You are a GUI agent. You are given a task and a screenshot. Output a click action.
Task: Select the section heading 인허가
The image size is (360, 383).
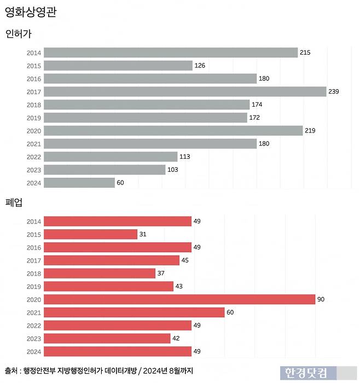19,34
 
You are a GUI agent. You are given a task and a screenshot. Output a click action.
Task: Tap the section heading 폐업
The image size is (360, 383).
14,202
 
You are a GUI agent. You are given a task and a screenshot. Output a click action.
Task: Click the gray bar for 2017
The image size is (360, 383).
185,91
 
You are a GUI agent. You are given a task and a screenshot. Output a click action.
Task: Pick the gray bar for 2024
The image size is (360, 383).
79,183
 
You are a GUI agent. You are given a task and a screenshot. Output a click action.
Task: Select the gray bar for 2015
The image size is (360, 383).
118,66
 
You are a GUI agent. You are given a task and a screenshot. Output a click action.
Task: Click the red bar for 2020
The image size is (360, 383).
179,299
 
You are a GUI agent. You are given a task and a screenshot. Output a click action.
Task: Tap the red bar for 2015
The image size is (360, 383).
90,234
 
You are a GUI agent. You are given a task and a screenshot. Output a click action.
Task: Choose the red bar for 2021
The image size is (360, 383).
134,312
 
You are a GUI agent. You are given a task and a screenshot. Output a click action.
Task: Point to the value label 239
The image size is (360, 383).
334,91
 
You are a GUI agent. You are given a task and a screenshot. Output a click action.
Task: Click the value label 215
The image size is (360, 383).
305,53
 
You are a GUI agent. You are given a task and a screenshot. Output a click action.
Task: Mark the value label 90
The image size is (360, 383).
321,299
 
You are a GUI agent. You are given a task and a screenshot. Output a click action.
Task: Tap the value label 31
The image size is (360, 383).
143,234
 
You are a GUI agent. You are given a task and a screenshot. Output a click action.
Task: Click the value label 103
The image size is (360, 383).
173,170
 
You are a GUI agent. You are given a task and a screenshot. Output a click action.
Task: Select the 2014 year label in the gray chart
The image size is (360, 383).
33,53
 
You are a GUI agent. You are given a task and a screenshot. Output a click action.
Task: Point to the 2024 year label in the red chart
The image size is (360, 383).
33,352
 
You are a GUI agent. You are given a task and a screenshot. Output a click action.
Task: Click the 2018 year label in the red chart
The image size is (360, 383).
33,274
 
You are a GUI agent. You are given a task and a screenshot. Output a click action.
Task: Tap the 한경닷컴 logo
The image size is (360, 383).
306,373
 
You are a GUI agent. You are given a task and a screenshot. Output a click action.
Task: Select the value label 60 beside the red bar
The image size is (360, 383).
231,312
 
